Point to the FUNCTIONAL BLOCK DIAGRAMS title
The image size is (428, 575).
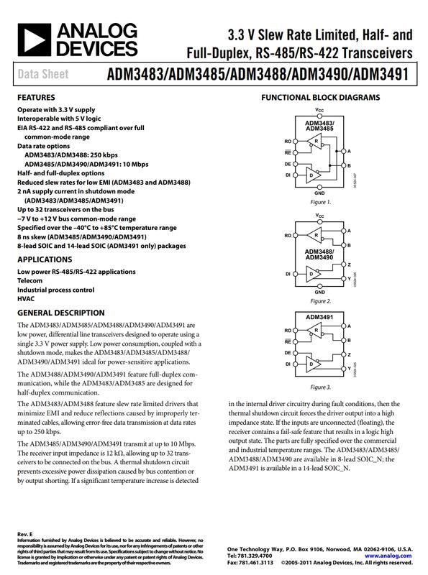(x=320, y=97)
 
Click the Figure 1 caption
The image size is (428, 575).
(x=319, y=202)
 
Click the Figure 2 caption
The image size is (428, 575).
(x=319, y=300)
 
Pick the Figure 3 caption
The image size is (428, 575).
(x=319, y=387)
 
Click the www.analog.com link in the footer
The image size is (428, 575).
(x=389, y=555)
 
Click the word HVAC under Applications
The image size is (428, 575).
(x=26, y=298)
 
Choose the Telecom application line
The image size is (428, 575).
(x=31, y=281)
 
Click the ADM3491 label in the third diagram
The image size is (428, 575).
(x=319, y=316)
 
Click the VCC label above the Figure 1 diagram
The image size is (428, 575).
(x=319, y=109)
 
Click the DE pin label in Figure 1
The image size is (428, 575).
(x=288, y=163)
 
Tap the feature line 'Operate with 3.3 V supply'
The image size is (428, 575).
(x=56, y=109)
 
